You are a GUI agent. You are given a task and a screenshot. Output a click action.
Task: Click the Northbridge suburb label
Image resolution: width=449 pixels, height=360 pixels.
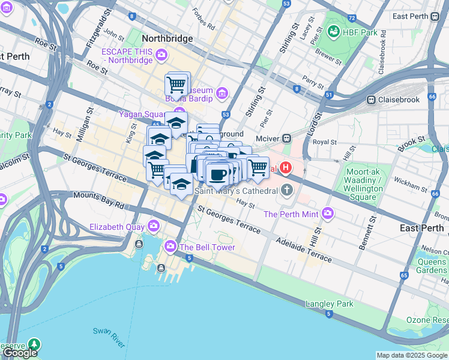(167, 38)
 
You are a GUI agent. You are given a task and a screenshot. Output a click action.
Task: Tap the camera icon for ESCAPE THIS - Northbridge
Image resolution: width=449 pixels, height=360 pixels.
(161, 56)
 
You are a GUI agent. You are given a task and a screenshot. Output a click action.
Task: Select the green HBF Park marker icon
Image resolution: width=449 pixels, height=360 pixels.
(333, 31)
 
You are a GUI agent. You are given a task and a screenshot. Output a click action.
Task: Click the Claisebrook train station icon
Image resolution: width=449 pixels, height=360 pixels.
(372, 100)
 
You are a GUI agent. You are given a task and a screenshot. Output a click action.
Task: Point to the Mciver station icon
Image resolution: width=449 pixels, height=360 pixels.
(287, 138)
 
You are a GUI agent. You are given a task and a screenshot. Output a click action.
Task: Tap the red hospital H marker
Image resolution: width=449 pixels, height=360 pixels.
(286, 169)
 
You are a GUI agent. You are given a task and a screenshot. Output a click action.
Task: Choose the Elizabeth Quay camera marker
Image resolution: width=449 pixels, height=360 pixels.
(154, 226)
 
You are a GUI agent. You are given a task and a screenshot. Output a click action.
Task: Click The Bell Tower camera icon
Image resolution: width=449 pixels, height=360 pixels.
(170, 247)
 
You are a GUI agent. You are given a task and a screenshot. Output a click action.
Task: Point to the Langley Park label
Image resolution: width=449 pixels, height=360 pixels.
(330, 304)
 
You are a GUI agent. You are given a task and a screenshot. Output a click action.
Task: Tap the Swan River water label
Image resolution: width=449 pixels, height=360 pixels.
(109, 338)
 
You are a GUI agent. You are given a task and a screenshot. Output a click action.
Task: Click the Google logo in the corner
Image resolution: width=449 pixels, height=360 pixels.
(20, 353)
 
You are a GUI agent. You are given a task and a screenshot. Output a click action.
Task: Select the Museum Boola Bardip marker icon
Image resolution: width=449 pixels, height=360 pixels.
(222, 93)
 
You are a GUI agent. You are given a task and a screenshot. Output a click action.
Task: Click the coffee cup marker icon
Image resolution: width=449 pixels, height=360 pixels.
(217, 175)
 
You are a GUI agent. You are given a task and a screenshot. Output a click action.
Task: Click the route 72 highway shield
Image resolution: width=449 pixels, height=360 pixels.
(351, 19)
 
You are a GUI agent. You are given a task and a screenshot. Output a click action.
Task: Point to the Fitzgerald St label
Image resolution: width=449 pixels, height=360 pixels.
(100, 23)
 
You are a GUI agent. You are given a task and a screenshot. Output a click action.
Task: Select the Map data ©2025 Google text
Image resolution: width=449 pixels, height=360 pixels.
(411, 355)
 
